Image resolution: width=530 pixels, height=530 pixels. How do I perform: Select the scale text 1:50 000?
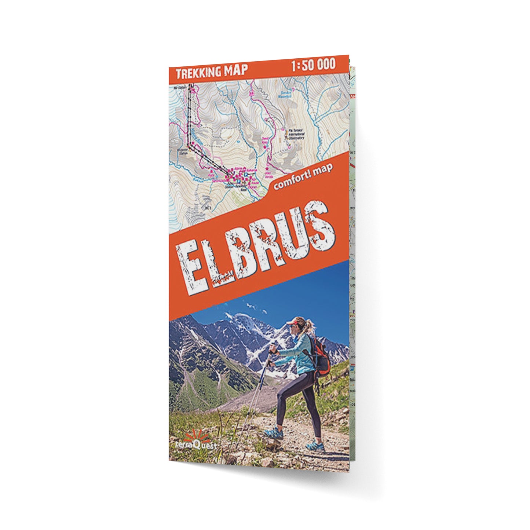click(313, 65)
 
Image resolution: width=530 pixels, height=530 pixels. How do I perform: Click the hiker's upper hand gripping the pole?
click(273, 351)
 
